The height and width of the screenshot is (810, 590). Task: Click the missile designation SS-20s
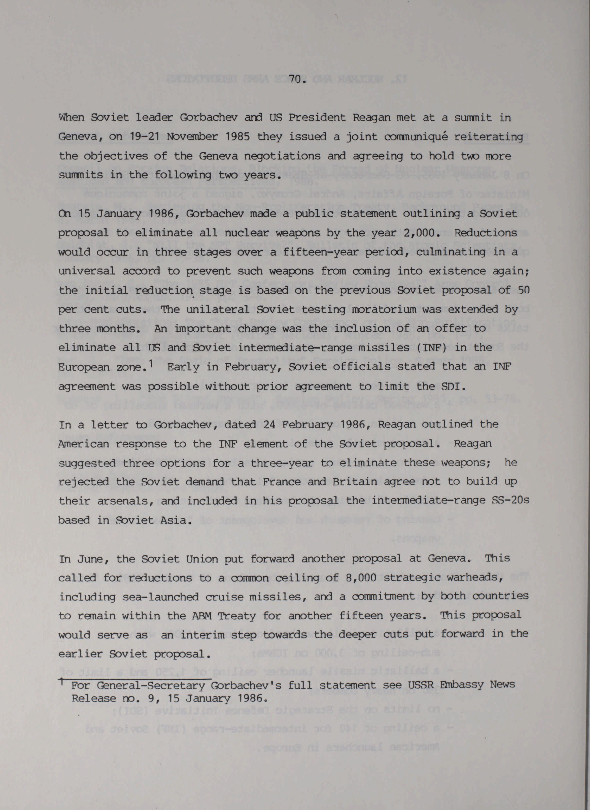(x=500, y=501)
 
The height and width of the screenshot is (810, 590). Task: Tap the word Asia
(x=177, y=520)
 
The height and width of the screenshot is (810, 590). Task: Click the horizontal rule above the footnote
(x=136, y=678)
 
